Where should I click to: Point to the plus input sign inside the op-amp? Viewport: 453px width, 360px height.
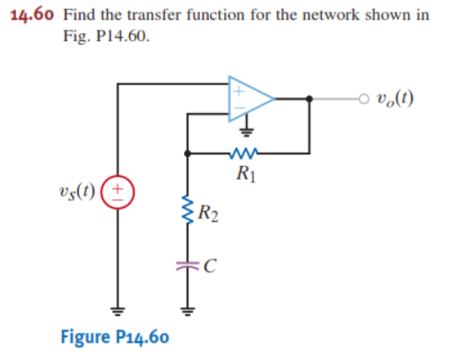pyautogui.click(x=240, y=89)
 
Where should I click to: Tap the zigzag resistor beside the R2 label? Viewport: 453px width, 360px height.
pyautogui.click(x=187, y=213)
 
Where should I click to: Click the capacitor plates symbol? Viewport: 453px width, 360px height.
pyautogui.click(x=187, y=265)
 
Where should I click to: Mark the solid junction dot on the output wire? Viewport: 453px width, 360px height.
pyautogui.click(x=309, y=99)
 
